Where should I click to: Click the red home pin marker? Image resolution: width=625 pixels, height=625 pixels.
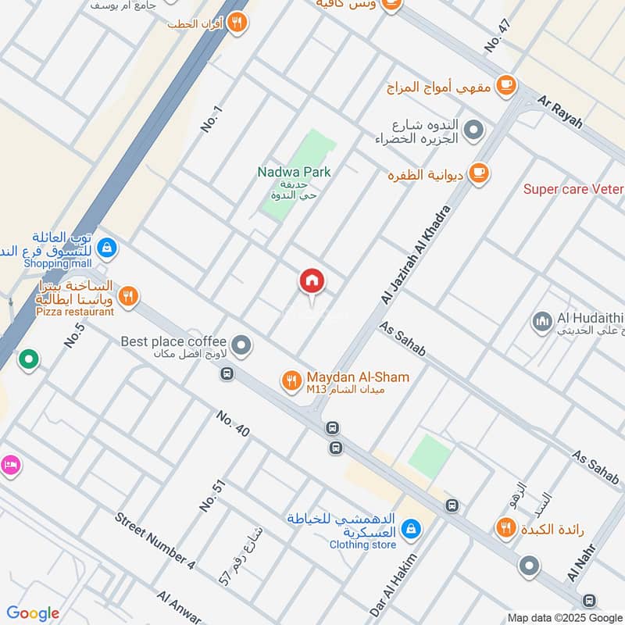312,281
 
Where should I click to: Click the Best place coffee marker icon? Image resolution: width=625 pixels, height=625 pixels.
242,344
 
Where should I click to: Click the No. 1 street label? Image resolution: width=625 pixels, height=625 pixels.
212,120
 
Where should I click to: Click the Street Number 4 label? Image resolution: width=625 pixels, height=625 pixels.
155,539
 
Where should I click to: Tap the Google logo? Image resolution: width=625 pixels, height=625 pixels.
33,613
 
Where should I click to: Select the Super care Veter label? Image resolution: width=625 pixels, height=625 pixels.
573,189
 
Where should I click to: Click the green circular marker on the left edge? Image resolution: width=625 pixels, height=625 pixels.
29,359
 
